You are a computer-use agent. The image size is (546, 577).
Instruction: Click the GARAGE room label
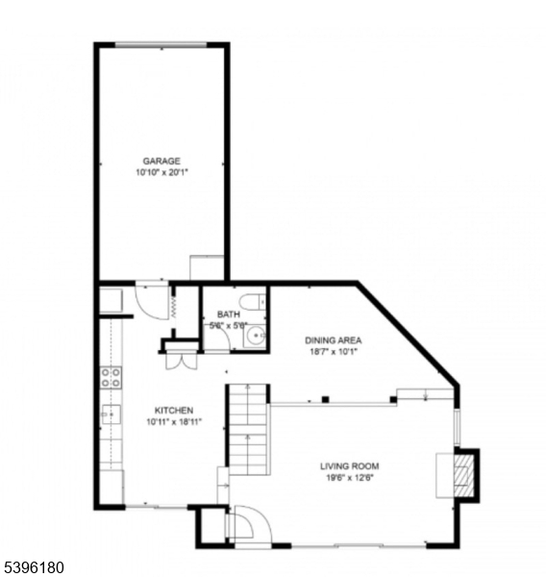pos(161,161)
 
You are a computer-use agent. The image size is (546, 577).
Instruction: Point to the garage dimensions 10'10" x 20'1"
pos(161,173)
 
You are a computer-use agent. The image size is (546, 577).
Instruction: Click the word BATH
pos(228,314)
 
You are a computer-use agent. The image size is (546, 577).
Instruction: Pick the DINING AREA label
pos(333,339)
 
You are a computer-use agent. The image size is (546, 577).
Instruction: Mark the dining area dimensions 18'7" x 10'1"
pos(333,352)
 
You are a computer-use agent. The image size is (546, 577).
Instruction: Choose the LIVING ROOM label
pos(349,467)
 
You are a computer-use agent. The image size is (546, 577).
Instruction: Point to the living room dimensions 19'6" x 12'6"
pos(349,480)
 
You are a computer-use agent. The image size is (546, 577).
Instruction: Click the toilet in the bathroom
pos(252,303)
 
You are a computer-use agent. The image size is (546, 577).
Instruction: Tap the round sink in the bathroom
pos(254,338)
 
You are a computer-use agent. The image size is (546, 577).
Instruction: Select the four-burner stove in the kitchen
pos(112,378)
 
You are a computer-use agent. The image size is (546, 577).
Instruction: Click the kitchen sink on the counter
pos(111,415)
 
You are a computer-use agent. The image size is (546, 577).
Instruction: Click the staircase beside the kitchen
pos(248,433)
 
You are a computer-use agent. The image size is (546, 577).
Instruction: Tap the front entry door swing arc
pos(244,525)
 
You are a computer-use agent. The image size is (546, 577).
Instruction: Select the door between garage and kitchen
pos(152,300)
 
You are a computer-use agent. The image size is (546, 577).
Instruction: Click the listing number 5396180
pos(33,568)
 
